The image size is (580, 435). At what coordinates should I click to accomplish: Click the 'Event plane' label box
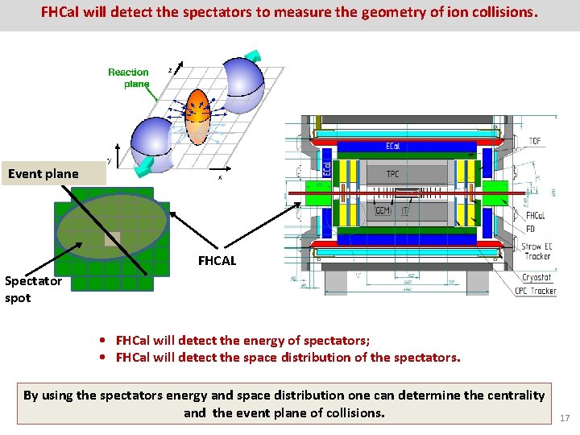pyautogui.click(x=43, y=173)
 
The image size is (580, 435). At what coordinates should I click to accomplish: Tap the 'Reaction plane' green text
pyautogui.click(x=129, y=77)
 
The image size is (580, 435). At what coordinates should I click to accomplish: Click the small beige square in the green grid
pyautogui.click(x=112, y=239)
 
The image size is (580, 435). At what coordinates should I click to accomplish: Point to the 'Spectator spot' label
pyautogui.click(x=31, y=289)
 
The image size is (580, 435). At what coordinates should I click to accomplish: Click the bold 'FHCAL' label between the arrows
pyautogui.click(x=217, y=260)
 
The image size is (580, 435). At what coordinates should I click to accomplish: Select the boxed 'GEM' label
pyautogui.click(x=383, y=210)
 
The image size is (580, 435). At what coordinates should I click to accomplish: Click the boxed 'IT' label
pyautogui.click(x=404, y=210)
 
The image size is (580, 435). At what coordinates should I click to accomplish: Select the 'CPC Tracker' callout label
pyautogui.click(x=535, y=291)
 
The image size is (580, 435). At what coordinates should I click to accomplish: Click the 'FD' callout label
pyautogui.click(x=531, y=229)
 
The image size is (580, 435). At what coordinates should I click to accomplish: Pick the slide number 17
pyautogui.click(x=564, y=417)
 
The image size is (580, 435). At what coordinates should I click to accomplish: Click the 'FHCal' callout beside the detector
pyautogui.click(x=535, y=216)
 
